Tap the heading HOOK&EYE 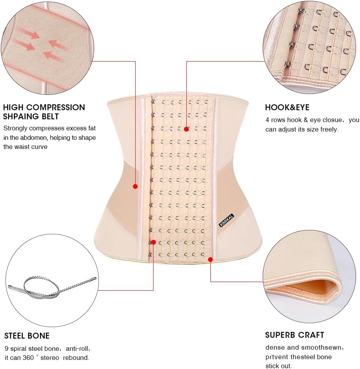coord(287,107)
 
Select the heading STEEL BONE coord(27,336)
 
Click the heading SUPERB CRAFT coord(294,335)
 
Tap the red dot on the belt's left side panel coord(135,186)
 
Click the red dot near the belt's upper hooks coord(186,129)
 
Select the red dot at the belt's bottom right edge coord(210,260)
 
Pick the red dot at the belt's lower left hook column coord(153,242)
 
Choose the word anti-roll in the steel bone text coord(78,349)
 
